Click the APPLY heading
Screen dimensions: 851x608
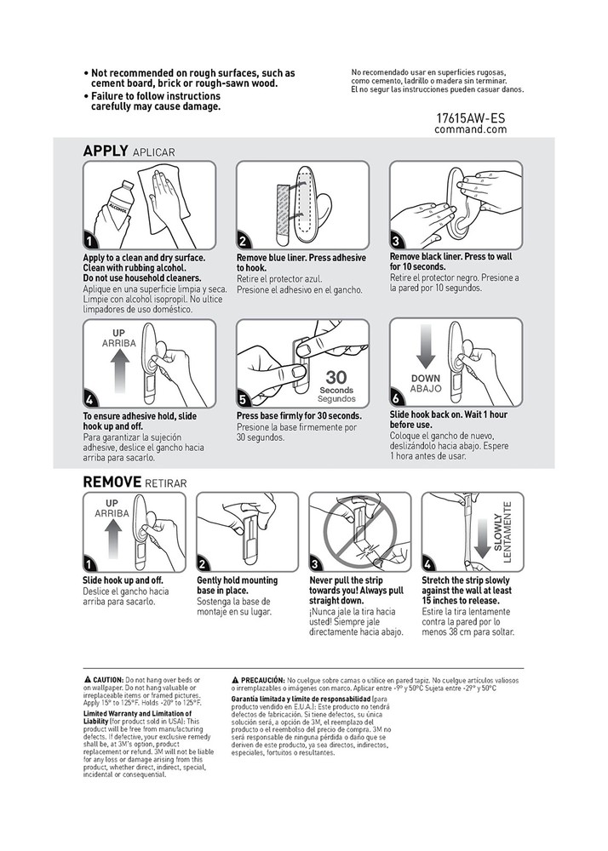(x=106, y=151)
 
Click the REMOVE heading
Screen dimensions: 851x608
(x=112, y=482)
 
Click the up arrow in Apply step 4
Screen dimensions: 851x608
(x=120, y=368)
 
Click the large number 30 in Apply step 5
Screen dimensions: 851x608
(x=337, y=377)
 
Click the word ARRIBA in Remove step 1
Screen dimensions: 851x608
(x=112, y=515)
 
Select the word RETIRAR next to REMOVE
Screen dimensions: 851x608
(x=166, y=483)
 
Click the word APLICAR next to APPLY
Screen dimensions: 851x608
(x=153, y=152)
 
